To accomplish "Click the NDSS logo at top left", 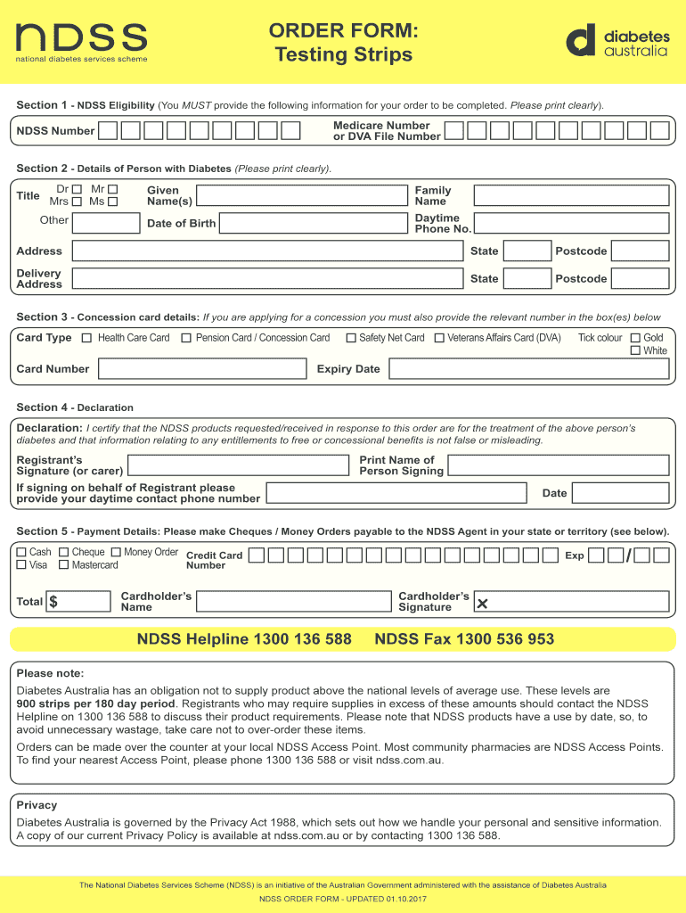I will [x=81, y=41].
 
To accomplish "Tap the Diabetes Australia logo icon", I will [x=580, y=41].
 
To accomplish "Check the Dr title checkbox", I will [x=77, y=189].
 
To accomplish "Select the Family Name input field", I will [x=571, y=196].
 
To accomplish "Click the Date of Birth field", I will [x=314, y=223].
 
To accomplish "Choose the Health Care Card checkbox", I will [x=87, y=338].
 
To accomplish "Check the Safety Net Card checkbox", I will [x=352, y=338].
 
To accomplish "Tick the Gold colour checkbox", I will [x=635, y=338].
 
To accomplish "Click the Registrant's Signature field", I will [x=238, y=465].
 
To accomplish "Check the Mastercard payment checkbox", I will [x=64, y=565].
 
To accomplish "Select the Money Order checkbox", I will [x=117, y=553].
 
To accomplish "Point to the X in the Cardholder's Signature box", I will [x=483, y=605].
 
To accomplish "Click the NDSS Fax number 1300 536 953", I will [x=464, y=639].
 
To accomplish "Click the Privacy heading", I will [x=37, y=805].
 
